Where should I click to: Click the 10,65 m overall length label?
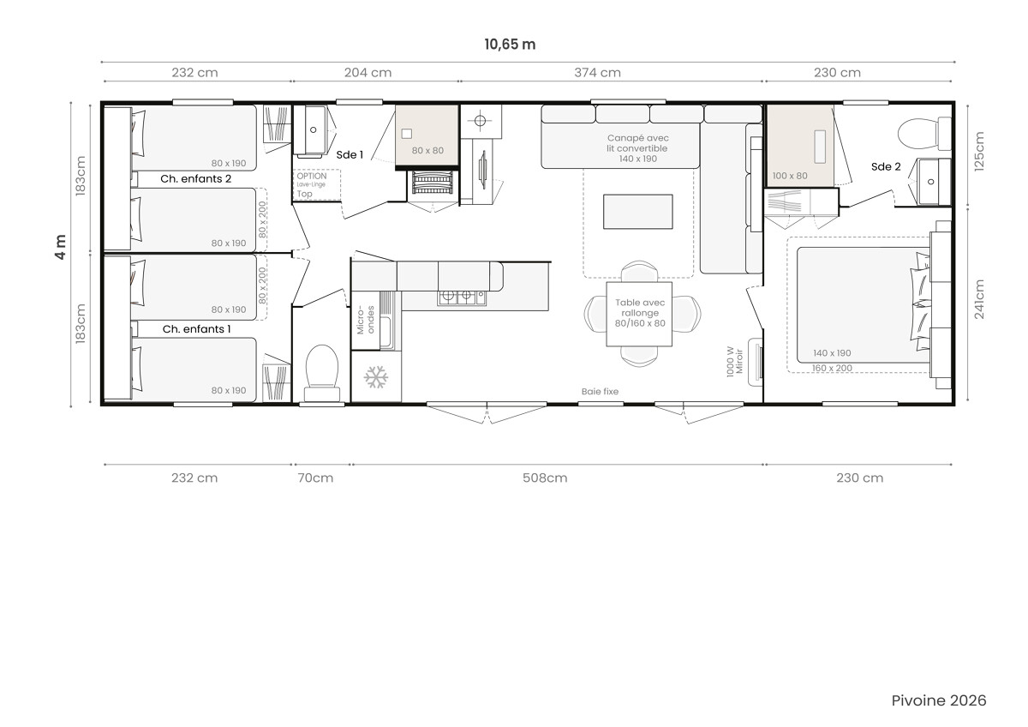(x=510, y=44)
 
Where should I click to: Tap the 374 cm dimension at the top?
(x=598, y=73)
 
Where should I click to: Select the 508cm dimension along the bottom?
(x=545, y=478)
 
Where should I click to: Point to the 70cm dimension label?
(x=315, y=478)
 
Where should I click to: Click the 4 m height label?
(x=61, y=247)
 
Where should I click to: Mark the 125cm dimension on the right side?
(x=979, y=152)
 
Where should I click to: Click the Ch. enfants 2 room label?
(x=195, y=178)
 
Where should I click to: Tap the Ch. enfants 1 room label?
(x=196, y=329)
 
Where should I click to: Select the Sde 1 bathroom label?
(x=350, y=155)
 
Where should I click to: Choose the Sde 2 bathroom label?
(x=886, y=166)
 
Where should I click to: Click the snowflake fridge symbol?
(x=376, y=377)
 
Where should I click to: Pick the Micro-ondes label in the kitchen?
(x=365, y=320)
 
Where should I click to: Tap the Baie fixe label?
(x=600, y=391)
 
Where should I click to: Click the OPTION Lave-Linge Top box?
(x=317, y=184)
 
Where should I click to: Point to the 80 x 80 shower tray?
(x=427, y=136)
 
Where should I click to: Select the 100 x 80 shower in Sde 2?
(x=800, y=146)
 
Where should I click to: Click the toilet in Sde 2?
(x=924, y=134)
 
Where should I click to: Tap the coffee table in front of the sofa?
(x=638, y=212)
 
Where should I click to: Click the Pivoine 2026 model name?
(x=939, y=700)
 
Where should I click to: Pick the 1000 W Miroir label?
(x=734, y=362)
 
